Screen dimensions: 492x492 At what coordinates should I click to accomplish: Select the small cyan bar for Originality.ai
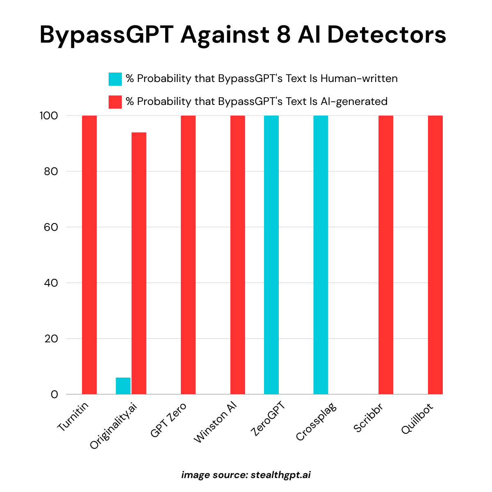123,386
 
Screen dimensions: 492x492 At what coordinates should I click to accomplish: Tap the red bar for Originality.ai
139,263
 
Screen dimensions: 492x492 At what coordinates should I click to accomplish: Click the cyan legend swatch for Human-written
115,79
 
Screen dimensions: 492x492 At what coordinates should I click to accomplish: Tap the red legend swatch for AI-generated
115,102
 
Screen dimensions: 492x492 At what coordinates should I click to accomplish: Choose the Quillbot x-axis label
417,418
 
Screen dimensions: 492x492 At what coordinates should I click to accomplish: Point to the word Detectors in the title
386,35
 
